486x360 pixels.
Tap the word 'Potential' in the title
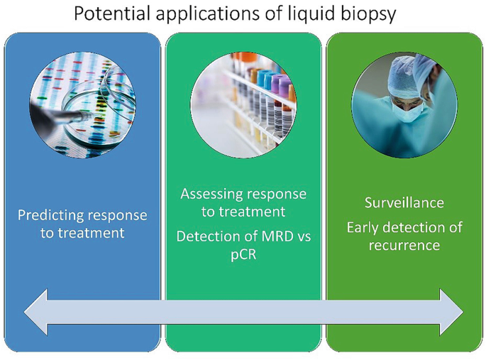point(109,14)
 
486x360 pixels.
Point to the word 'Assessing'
point(212,194)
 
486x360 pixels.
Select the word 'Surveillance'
point(404,203)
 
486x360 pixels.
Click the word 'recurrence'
point(404,246)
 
